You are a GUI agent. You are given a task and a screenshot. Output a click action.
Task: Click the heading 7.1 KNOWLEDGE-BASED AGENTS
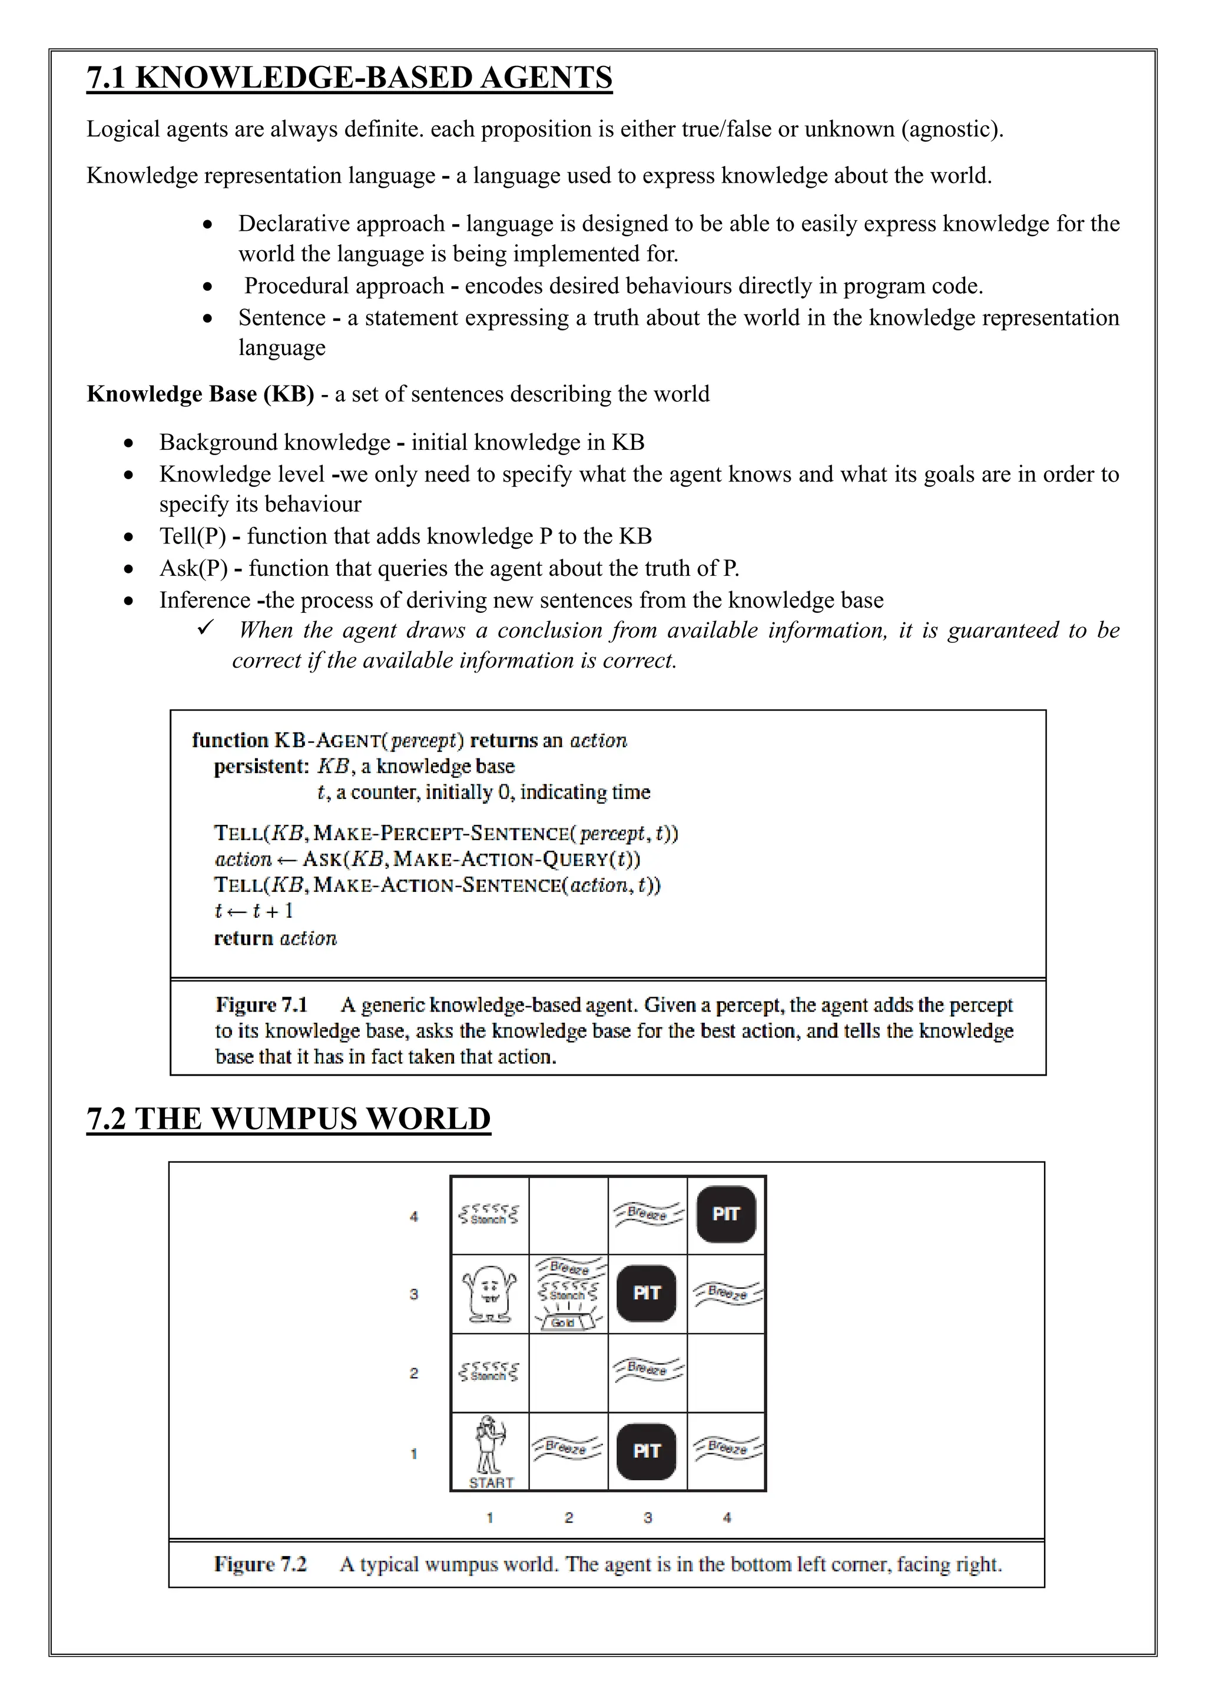349,78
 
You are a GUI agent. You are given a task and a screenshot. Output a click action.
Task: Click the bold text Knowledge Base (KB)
200,394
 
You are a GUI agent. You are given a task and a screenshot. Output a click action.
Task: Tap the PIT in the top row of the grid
725,1214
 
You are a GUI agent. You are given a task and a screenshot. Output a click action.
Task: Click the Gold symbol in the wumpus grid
563,1322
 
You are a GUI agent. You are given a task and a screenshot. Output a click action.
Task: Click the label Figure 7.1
261,1006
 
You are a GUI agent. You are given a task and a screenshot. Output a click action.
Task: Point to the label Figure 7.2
260,1565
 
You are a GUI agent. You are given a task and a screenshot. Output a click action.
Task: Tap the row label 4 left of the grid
413,1216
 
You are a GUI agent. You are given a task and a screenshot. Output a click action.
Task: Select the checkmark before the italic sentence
205,628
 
